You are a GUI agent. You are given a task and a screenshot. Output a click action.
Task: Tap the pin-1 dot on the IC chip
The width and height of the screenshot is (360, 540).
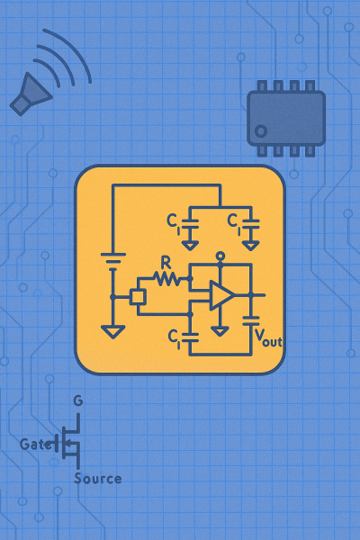pos(261,131)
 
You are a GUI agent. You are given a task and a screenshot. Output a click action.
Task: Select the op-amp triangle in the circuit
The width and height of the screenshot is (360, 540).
pos(221,295)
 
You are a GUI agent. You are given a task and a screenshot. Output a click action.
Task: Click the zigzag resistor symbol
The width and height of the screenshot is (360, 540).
pos(166,278)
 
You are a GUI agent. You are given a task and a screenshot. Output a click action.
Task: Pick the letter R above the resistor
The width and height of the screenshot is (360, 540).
pos(166,263)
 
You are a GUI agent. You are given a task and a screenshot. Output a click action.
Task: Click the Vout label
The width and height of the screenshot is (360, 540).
pos(268,337)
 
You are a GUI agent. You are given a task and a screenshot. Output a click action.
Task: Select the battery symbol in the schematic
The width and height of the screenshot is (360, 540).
pos(113,258)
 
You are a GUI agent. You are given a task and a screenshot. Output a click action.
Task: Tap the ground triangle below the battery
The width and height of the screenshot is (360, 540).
pos(113,332)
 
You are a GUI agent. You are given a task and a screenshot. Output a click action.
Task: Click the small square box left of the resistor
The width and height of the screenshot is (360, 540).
pos(138,297)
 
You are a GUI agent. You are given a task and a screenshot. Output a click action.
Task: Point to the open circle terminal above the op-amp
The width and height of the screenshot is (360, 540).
pos(220,256)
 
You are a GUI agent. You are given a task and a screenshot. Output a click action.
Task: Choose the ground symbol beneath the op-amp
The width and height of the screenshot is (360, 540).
pos(220,331)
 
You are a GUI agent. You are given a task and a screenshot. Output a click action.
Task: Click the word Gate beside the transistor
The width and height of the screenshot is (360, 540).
pos(36,445)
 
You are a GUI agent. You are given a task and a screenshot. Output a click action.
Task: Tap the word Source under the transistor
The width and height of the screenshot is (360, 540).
pos(98,479)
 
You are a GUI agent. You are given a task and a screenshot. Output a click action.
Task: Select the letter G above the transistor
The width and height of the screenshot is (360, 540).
pos(78,400)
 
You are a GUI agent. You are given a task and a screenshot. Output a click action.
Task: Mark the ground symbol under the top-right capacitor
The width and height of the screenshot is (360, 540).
pos(250,246)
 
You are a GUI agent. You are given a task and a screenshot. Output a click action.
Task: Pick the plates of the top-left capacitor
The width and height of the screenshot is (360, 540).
pos(190,223)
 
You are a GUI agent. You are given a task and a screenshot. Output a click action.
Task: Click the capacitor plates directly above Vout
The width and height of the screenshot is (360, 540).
pos(251,321)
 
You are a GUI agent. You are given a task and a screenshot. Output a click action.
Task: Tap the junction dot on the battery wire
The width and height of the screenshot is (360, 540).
pos(112,297)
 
